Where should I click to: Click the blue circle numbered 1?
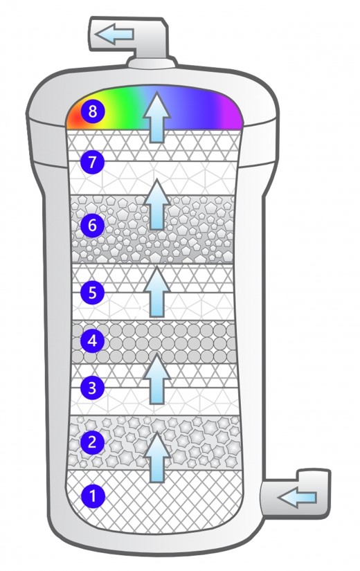click(93, 496)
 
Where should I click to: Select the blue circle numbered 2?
click(93, 442)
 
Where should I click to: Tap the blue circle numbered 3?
click(93, 388)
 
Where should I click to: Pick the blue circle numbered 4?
click(93, 341)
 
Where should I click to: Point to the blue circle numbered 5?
click(93, 292)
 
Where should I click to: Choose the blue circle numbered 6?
click(93, 226)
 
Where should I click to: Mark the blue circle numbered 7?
click(93, 161)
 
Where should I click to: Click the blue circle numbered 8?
click(93, 111)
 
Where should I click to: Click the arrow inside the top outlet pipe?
click(114, 34)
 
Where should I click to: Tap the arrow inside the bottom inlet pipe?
click(297, 497)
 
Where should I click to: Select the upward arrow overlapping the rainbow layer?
click(156, 117)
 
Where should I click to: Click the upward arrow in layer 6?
click(156, 205)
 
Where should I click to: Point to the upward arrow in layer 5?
click(156, 291)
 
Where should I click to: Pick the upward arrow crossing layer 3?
click(156, 379)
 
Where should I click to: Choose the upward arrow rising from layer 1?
click(156, 457)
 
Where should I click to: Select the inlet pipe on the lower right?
click(295, 496)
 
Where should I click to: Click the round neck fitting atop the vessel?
click(152, 63)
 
